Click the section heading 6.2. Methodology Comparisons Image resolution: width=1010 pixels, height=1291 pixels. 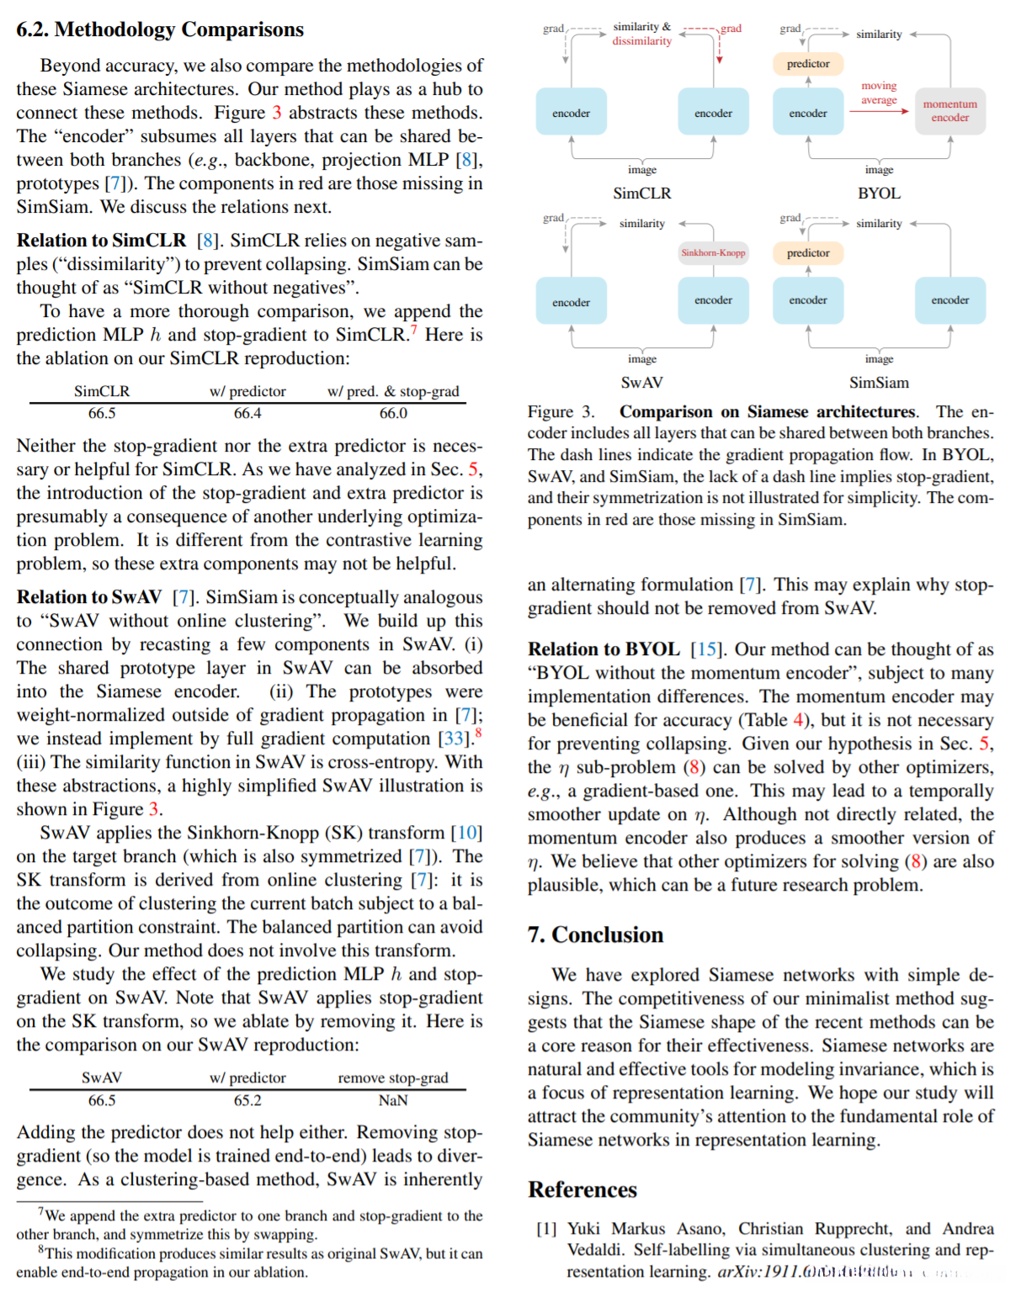[x=160, y=29]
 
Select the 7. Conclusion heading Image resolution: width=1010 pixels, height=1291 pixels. [x=595, y=934]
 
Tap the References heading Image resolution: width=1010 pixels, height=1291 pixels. [x=582, y=1189]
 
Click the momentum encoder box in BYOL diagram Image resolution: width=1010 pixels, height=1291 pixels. [x=949, y=111]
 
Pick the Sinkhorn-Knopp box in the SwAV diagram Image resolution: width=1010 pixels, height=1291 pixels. [x=713, y=252]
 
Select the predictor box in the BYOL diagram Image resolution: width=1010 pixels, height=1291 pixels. [x=808, y=64]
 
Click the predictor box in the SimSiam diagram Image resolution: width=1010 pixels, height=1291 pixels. [x=808, y=253]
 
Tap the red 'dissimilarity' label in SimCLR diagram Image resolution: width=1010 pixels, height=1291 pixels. [x=641, y=41]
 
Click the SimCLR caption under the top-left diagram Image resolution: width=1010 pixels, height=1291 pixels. [x=642, y=193]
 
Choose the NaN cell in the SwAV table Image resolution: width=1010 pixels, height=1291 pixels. [x=393, y=1100]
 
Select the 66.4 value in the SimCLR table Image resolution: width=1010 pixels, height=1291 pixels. [x=247, y=413]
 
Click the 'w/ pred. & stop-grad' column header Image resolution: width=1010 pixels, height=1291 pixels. [x=393, y=391]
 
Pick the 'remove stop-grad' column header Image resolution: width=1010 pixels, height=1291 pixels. [x=393, y=1078]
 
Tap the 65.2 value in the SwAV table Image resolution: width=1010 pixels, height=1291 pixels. [x=247, y=1100]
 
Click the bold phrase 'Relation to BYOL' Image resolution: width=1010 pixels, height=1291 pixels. [x=603, y=649]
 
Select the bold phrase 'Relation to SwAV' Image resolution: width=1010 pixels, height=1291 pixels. [x=89, y=597]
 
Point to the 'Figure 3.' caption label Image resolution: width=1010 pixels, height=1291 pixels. [x=561, y=412]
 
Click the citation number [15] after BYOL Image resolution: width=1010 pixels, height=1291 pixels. [x=705, y=649]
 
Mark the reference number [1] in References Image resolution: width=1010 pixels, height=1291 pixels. [x=546, y=1229]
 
